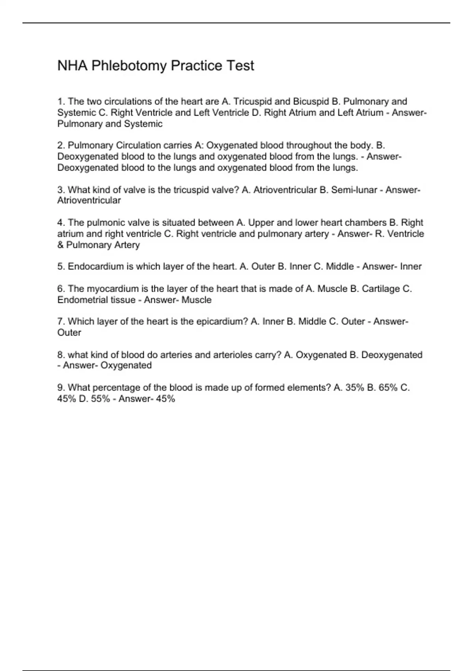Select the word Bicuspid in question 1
[x=308, y=101]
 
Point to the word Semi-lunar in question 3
[x=354, y=190]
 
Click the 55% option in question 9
[x=101, y=399]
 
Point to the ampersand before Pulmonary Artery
[x=61, y=245]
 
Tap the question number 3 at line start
[x=60, y=190]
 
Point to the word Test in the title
[x=240, y=66]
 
